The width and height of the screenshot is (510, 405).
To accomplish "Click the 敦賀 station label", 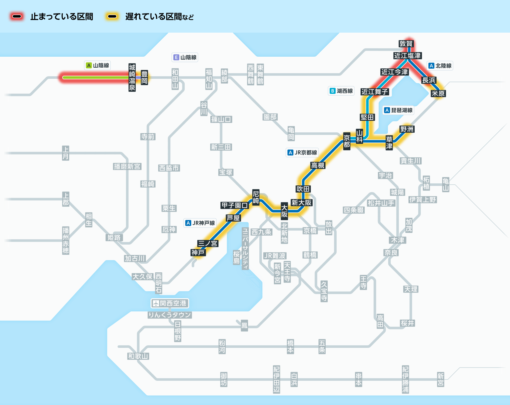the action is (x=406, y=44).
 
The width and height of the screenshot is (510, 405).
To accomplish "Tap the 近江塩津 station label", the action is (x=407, y=56).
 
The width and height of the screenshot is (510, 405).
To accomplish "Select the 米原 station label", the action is (x=438, y=94).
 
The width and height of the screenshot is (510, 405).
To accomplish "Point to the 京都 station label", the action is (x=347, y=141).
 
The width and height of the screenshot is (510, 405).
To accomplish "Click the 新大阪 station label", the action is (x=301, y=202).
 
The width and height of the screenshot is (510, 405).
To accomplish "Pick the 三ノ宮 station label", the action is (x=208, y=243).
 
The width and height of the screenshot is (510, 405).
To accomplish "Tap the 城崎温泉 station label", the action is (x=132, y=78).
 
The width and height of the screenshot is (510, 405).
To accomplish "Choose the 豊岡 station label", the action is (x=144, y=78).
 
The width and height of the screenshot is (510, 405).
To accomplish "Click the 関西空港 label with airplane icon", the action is (x=170, y=303).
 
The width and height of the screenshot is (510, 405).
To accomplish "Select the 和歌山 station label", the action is (x=138, y=356).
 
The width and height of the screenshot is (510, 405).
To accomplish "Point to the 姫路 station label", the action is (x=114, y=237).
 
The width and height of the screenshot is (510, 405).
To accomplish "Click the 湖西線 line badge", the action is (x=341, y=91).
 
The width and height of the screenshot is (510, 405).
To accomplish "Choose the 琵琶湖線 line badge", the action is (x=398, y=110).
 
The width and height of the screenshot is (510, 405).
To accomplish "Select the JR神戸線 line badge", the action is (x=200, y=223).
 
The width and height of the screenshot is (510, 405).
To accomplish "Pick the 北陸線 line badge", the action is (x=440, y=66).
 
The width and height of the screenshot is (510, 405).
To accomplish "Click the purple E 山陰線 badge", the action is (x=185, y=57).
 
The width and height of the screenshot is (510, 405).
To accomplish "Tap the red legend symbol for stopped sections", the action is (x=17, y=17).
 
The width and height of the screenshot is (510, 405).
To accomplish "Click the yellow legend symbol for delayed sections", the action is (x=112, y=17).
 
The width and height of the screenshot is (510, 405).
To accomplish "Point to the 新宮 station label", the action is (x=441, y=379).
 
